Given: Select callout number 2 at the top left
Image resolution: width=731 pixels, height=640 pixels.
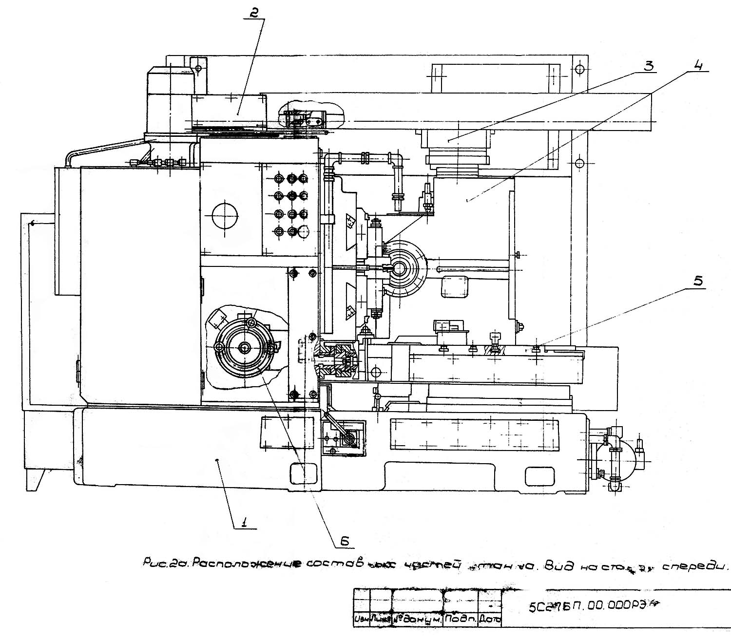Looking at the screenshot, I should click(x=253, y=13).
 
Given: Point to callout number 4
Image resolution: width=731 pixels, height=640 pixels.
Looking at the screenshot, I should click(x=698, y=65).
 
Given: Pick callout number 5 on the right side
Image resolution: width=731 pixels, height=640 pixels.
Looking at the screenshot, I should click(x=698, y=282).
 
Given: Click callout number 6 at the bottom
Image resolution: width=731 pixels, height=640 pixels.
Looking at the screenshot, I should click(x=344, y=539).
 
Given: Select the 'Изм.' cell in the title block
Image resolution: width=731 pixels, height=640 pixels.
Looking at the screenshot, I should click(x=362, y=620).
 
